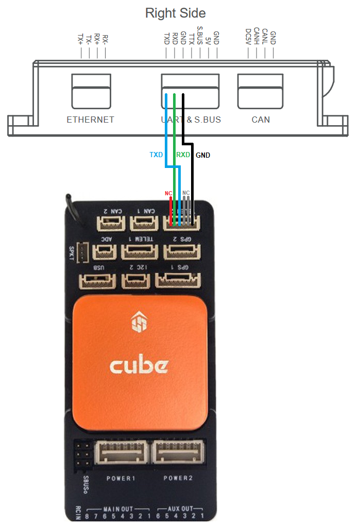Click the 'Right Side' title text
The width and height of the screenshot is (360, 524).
[x=176, y=13]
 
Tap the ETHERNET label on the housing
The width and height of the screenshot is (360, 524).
[x=91, y=120]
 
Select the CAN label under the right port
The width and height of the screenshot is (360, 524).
[x=261, y=120]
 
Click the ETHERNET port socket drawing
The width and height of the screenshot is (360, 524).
[x=91, y=91]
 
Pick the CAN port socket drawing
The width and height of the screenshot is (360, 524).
[x=260, y=91]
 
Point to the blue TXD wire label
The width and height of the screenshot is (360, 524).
[x=157, y=155]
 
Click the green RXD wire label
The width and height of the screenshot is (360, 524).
[x=183, y=155]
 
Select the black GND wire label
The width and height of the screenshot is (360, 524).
[x=203, y=155]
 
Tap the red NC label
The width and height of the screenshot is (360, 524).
[x=168, y=193]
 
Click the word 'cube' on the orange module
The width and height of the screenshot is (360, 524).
[x=139, y=366]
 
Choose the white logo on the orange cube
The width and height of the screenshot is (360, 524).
[x=139, y=324]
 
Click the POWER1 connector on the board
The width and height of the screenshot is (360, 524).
[x=121, y=453]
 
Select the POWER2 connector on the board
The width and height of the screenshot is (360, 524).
[x=178, y=453]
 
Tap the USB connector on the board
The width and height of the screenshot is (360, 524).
[x=96, y=281]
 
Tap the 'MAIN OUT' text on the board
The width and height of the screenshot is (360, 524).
[x=119, y=509]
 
